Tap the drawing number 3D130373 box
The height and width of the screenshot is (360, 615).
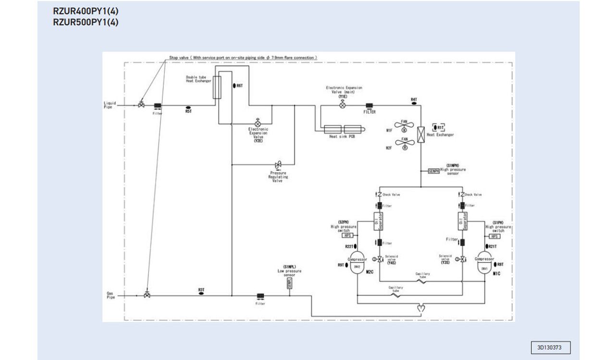[x=552, y=347]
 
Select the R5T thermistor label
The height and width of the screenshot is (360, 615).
[x=188, y=111]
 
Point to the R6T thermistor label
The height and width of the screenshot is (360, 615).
[x=239, y=86]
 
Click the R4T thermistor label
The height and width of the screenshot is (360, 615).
[x=414, y=99]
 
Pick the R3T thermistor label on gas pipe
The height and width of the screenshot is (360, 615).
[x=201, y=290]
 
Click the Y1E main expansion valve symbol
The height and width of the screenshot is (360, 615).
[x=343, y=104]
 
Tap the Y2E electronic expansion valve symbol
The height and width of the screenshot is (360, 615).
[x=258, y=122]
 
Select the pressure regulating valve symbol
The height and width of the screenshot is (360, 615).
[x=278, y=165]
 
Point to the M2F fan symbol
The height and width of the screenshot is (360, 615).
[x=404, y=144]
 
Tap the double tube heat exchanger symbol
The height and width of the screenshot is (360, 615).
[x=217, y=87]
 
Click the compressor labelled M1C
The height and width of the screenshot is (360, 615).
[x=484, y=263]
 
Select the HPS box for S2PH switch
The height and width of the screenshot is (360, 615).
[x=347, y=236]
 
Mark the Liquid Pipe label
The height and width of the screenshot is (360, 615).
[x=110, y=105]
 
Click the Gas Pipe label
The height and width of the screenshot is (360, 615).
[x=111, y=295]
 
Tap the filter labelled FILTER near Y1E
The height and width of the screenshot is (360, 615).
[x=369, y=106]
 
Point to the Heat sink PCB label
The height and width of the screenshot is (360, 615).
[x=342, y=137]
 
